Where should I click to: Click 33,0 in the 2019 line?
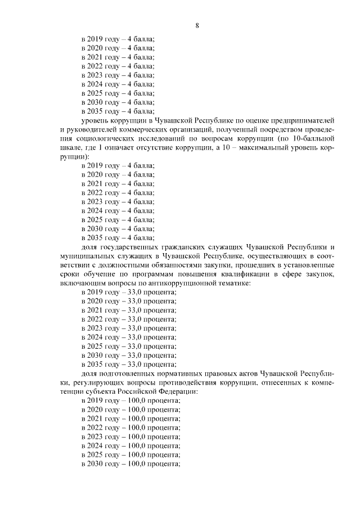(x=133, y=292)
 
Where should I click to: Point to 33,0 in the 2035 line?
(x=133, y=364)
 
